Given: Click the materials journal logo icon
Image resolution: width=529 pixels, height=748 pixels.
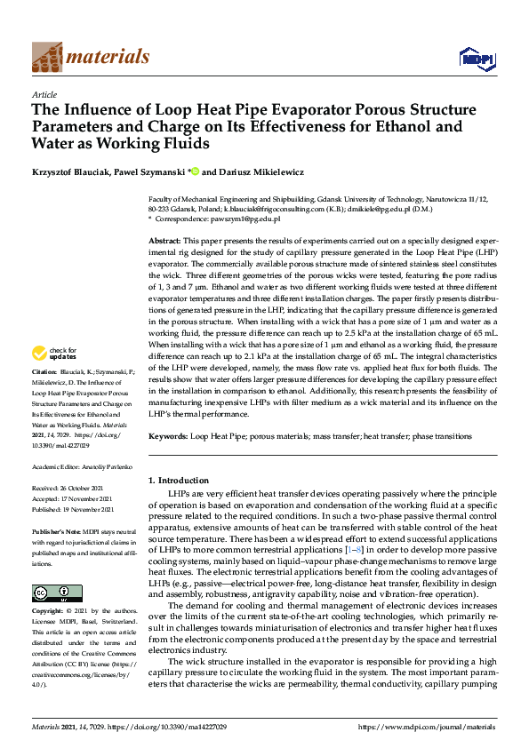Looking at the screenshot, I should tap(46, 57).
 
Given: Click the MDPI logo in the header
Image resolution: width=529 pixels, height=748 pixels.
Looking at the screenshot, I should tap(476, 58).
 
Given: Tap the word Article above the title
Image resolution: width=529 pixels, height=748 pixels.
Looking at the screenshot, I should tap(44, 94).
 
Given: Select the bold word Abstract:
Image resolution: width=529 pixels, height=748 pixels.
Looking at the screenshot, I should tap(164, 242).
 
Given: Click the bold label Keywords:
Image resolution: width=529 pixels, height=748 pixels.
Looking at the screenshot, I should tap(167, 437).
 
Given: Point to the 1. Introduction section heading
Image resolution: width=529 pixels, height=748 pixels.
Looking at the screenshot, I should tap(178, 481).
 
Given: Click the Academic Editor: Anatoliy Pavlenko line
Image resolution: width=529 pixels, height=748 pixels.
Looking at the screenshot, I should tap(81, 466).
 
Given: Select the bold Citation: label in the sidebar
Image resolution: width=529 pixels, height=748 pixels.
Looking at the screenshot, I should tap(44, 395).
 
